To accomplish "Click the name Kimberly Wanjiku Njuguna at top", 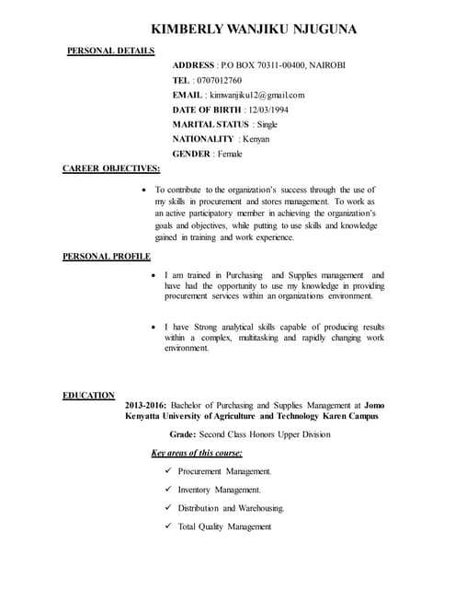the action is tap(254, 29).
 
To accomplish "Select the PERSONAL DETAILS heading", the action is tap(110, 51).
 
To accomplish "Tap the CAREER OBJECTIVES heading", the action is tap(110, 168).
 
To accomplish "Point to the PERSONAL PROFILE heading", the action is tap(107, 256).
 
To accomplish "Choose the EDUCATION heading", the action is tap(88, 395).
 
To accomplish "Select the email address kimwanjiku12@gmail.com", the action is tap(256, 95).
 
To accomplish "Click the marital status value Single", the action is tap(267, 124).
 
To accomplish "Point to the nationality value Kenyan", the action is tap(262, 139).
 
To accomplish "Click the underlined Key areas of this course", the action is tap(197, 453).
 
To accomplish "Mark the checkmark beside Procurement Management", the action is tap(168, 471).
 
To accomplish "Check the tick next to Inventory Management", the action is tap(168, 490).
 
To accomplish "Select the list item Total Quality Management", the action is tap(224, 526).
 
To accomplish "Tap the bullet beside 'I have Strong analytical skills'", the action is tap(153, 328).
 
